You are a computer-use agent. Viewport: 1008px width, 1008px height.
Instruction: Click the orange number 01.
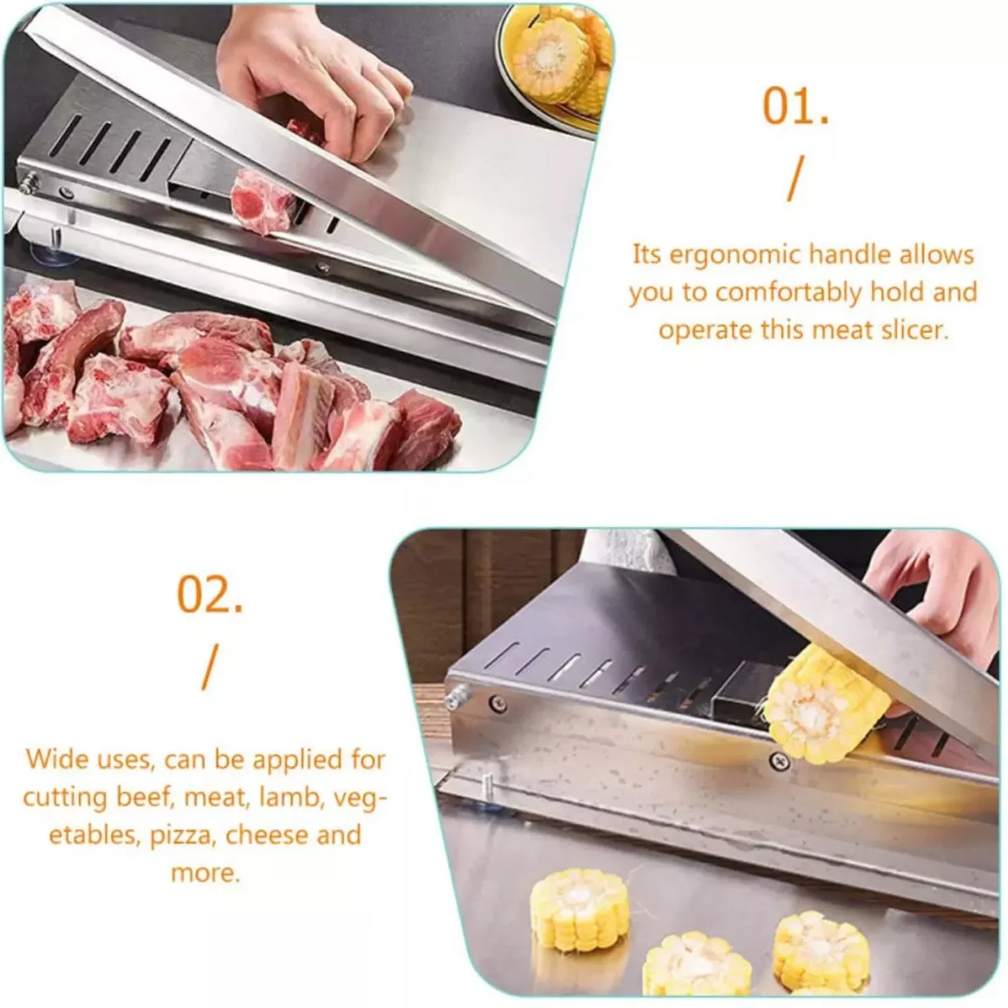[795, 107]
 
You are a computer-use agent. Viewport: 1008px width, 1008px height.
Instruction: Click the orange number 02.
[210, 594]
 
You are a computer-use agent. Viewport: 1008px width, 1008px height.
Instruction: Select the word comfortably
[789, 293]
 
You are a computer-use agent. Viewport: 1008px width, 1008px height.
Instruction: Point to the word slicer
[915, 330]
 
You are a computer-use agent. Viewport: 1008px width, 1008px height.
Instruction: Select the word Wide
[54, 759]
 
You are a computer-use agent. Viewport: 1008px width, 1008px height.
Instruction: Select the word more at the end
[205, 873]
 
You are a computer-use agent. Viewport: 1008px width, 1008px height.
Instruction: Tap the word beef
[144, 797]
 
